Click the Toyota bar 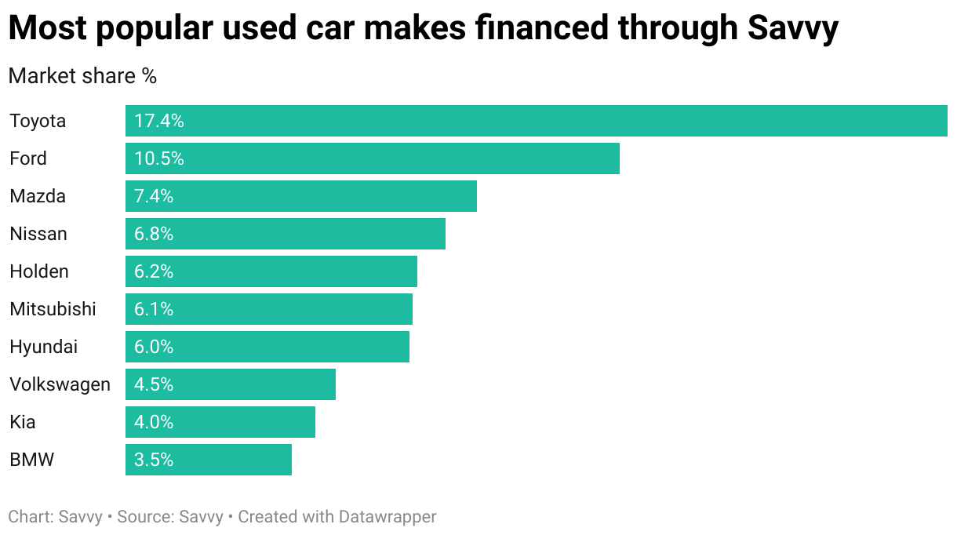click(x=536, y=121)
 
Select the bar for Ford click(x=373, y=158)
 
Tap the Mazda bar click(x=301, y=196)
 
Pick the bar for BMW click(x=209, y=460)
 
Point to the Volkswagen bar click(x=231, y=384)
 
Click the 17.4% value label click(x=159, y=121)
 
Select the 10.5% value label click(x=159, y=158)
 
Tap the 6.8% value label click(x=154, y=234)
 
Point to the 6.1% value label click(x=154, y=309)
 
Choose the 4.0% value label click(x=154, y=422)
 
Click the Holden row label click(x=39, y=271)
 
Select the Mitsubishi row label click(x=53, y=309)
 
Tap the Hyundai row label click(x=44, y=347)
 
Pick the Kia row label click(x=23, y=422)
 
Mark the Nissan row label click(x=38, y=234)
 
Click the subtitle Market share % click(x=82, y=76)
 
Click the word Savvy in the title click(x=793, y=29)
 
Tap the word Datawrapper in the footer click(x=388, y=517)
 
